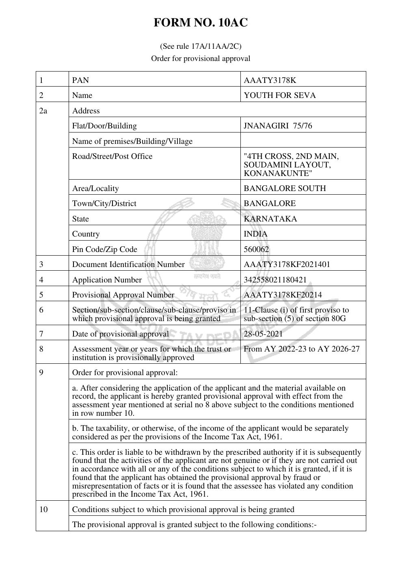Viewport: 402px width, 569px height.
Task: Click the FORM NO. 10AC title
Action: click(x=201, y=23)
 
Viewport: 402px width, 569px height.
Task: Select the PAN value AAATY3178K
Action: click(x=270, y=80)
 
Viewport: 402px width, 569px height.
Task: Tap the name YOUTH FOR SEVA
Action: click(x=279, y=96)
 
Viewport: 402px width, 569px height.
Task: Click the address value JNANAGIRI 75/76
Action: click(x=278, y=126)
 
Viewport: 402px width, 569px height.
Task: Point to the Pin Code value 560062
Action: click(x=256, y=249)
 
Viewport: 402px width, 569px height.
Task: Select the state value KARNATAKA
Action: click(x=270, y=219)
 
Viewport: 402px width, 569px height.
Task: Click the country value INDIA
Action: click(x=255, y=234)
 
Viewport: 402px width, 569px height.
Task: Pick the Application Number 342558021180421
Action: click(x=275, y=280)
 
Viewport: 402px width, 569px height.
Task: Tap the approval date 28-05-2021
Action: click(x=263, y=334)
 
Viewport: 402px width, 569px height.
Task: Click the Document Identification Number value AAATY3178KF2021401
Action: click(x=287, y=265)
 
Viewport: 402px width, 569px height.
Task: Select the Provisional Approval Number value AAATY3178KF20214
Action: click(x=283, y=295)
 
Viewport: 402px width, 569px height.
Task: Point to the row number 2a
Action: click(x=43, y=111)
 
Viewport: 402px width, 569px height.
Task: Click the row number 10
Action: click(x=43, y=509)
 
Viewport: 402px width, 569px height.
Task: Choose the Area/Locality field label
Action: click(x=95, y=188)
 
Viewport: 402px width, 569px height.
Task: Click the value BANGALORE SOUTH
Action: click(x=285, y=188)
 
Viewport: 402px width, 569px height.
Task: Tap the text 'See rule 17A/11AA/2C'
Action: click(x=201, y=46)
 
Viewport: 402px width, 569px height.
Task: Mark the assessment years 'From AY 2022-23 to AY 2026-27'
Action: click(x=301, y=349)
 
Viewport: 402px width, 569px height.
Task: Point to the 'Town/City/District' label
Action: click(x=104, y=204)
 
